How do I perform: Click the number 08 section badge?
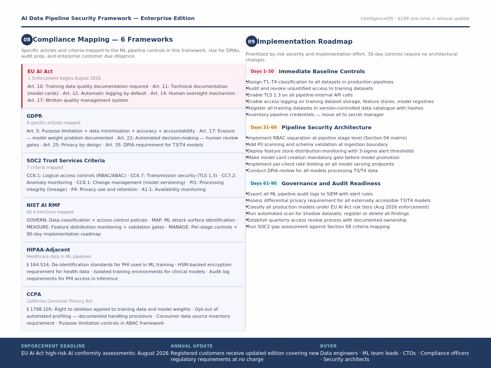pyautogui.click(x=27, y=40)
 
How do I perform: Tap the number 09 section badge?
pyautogui.click(x=251, y=41)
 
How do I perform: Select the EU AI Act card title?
pyautogui.click(x=40, y=72)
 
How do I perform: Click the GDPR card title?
pyautogui.click(x=34, y=116)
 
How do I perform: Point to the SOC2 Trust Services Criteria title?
pyautogui.click(x=65, y=161)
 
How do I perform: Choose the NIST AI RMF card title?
pyautogui.click(x=43, y=205)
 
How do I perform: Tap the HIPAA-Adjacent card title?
pyautogui.click(x=48, y=250)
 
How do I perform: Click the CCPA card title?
pyautogui.click(x=34, y=294)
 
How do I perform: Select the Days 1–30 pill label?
pyautogui.click(x=262, y=72)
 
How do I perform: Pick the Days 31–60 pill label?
pyautogui.click(x=264, y=128)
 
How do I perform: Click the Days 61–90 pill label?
pyautogui.click(x=264, y=184)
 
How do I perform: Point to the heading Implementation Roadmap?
pyautogui.click(x=304, y=42)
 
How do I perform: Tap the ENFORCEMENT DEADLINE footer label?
pyautogui.click(x=53, y=346)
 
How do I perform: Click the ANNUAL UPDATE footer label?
pyautogui.click(x=191, y=346)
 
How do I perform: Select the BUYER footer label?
pyautogui.click(x=328, y=346)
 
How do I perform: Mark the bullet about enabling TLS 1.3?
pyautogui.click(x=300, y=95)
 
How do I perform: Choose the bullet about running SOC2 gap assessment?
pyautogui.click(x=318, y=227)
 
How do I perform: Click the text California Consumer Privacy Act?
pyautogui.click(x=59, y=301)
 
